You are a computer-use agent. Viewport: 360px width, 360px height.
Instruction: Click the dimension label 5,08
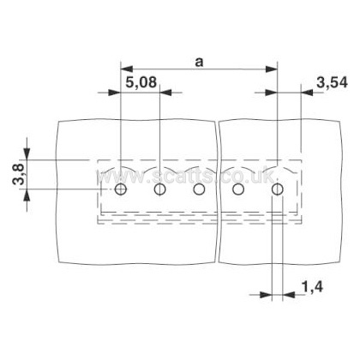click(x=141, y=82)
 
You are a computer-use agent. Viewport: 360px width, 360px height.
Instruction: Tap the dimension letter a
click(x=199, y=62)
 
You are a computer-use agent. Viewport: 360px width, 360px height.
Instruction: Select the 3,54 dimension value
click(x=333, y=82)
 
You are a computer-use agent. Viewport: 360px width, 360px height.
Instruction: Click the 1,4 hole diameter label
click(x=312, y=287)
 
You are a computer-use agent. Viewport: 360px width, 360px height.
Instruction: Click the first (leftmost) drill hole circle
click(x=120, y=189)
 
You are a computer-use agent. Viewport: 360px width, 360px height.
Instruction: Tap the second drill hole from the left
click(x=159, y=189)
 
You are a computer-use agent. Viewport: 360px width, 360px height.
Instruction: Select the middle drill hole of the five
click(x=199, y=189)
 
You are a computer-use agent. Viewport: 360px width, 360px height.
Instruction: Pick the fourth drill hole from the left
click(x=238, y=189)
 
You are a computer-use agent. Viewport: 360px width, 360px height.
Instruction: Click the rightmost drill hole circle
click(x=277, y=189)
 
